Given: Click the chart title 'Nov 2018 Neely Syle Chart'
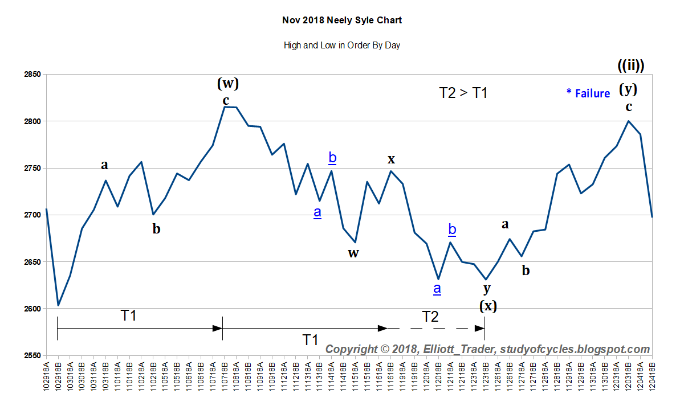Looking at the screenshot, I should (342, 20).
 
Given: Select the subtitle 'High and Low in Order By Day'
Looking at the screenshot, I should (342, 46).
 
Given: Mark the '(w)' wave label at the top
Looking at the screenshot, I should (227, 84).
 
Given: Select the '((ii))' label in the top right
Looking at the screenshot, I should (630, 65).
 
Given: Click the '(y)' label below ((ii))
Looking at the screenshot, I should (629, 89).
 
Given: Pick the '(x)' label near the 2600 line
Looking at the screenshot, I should (487, 306).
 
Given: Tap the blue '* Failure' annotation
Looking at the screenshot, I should (588, 93).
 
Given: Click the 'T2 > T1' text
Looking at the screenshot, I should (463, 93).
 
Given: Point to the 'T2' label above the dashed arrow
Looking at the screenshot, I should (430, 317).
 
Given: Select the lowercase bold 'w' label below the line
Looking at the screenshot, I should (353, 253).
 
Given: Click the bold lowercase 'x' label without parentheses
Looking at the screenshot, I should (391, 159).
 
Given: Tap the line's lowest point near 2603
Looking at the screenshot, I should (58, 306).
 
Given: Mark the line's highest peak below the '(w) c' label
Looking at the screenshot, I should (225, 106).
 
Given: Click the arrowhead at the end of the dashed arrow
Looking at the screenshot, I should (480, 328).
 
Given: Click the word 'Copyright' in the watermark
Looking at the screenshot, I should (351, 349).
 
